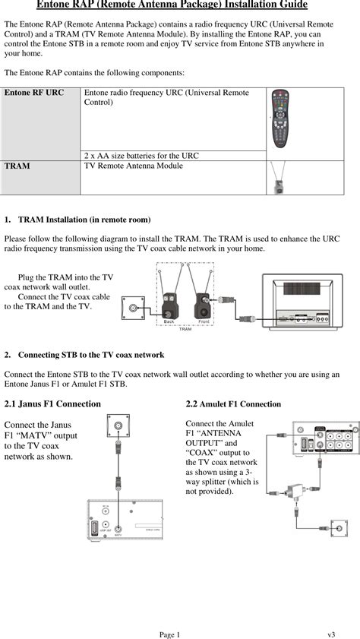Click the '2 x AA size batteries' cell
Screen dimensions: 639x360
(x=141, y=156)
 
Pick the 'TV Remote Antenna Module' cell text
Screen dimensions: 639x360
(x=133, y=166)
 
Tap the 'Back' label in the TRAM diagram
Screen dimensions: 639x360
(x=169, y=322)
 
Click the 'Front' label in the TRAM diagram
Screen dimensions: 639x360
(x=204, y=322)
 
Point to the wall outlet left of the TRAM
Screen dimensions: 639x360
(x=134, y=308)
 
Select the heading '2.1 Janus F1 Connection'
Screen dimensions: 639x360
(x=52, y=404)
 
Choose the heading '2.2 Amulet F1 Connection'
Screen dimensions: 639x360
(x=233, y=404)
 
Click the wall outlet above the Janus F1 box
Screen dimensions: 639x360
(x=118, y=426)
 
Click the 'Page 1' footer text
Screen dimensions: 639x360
(x=169, y=634)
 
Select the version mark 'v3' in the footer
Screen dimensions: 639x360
(x=332, y=634)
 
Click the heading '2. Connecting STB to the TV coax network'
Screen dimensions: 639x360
(x=90, y=355)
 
